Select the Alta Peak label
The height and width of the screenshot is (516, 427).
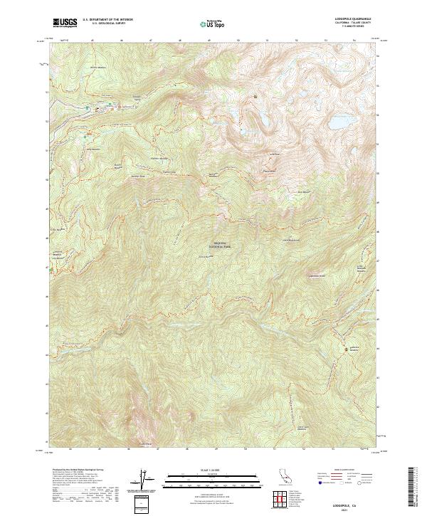(x=270, y=171)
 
